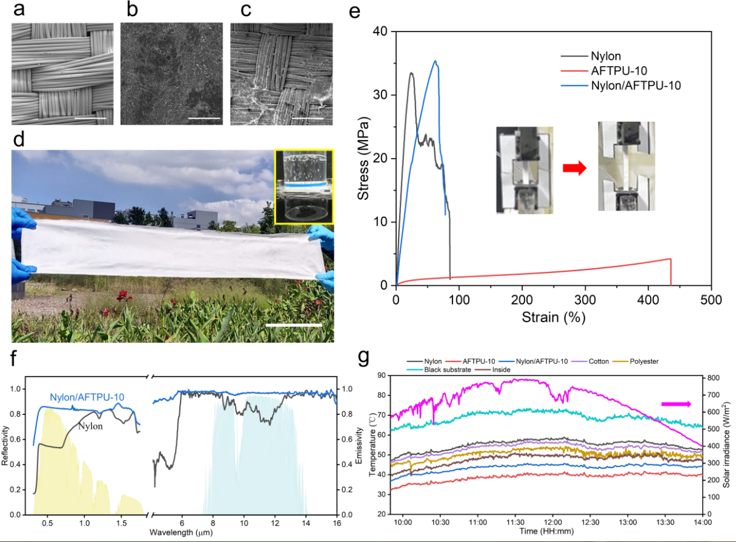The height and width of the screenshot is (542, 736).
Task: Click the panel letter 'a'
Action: click(x=19, y=12)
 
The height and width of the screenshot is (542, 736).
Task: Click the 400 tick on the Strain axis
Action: click(x=648, y=300)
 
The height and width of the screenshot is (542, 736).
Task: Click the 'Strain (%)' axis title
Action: click(x=552, y=317)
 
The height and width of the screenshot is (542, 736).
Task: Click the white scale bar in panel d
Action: click(x=294, y=325)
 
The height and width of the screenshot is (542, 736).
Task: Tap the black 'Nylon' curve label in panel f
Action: click(x=90, y=425)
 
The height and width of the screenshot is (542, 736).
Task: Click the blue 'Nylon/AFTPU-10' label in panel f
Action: click(x=87, y=397)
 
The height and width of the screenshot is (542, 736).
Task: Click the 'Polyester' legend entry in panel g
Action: click(x=645, y=362)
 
